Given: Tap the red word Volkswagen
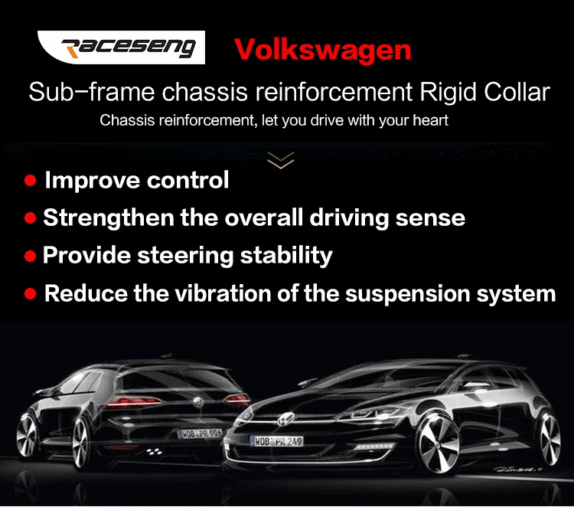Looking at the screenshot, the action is click(x=322, y=50).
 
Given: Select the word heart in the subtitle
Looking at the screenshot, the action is click(x=430, y=120).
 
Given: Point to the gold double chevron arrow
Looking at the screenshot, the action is click(x=281, y=160).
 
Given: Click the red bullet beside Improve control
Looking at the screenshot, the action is click(x=30, y=180).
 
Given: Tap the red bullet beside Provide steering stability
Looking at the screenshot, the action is click(x=30, y=256).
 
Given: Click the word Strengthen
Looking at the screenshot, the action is click(x=109, y=218).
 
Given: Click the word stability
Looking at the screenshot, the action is click(x=286, y=256).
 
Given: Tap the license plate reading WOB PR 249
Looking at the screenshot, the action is click(x=276, y=441).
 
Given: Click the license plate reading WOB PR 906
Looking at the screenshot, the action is click(x=201, y=433).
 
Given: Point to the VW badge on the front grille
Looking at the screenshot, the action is click(x=286, y=418).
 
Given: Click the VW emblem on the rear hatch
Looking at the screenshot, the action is click(x=198, y=402).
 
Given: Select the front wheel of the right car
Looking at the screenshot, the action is click(x=439, y=443).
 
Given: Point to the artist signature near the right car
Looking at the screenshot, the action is click(x=515, y=469).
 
